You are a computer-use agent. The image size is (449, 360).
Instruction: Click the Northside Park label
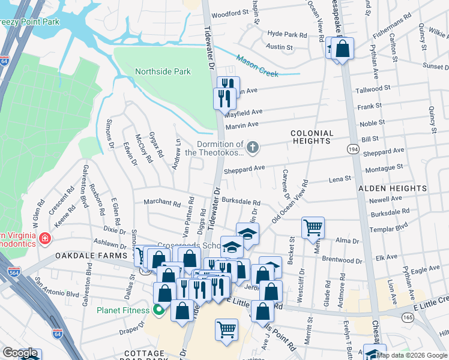coord(163,72)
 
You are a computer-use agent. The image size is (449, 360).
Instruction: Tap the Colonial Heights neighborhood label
coord(311,137)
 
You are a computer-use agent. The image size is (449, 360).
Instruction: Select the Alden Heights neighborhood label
coord(392,188)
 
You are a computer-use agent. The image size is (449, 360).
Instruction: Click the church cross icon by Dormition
coord(253,146)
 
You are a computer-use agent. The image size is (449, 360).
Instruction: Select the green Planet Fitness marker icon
coord(158,310)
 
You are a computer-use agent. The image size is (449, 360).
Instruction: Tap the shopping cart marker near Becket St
coord(313,227)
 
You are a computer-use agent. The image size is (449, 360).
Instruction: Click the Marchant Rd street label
coord(162,203)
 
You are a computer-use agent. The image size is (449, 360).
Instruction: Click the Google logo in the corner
coord(19,353)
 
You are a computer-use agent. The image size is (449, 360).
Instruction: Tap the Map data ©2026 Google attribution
coord(412,355)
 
